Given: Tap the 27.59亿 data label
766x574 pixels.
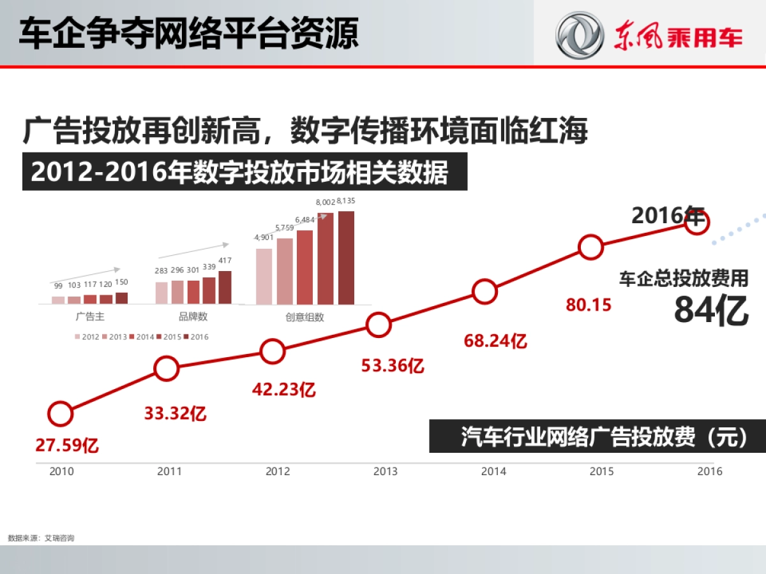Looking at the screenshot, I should click(67, 445).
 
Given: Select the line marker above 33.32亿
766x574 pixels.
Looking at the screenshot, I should click(166, 368).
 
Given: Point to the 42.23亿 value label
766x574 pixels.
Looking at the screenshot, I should click(283, 389).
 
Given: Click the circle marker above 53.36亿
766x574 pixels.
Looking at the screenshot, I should click(379, 325).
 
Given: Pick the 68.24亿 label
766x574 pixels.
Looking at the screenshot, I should click(495, 341).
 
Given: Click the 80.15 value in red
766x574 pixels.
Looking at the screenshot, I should click(589, 305).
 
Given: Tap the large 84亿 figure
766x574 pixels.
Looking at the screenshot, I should click(711, 311).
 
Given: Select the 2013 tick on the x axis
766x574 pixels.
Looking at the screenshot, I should click(385, 471).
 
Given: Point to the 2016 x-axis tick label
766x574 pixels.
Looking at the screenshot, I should click(710, 471).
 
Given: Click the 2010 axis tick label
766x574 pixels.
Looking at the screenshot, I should click(61, 471).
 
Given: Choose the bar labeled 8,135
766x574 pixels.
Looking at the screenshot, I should click(346, 258).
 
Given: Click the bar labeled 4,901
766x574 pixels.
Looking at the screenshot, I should click(264, 276).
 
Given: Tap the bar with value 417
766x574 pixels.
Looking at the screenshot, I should click(225, 287).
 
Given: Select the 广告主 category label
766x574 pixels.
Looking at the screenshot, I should click(90, 316).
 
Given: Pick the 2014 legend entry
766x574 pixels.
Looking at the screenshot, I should click(142, 337).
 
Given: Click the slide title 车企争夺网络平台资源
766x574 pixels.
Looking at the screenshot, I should click(188, 33).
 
